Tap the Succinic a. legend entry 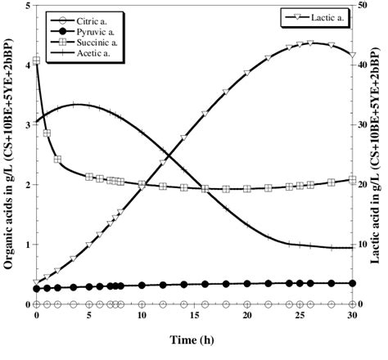coord(82,39)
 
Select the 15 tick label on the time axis coord(194,315)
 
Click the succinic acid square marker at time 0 coord(37,61)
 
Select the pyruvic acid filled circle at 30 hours coord(352,283)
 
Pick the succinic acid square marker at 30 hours coord(352,180)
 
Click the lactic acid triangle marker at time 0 coord(37,282)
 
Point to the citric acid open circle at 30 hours coord(352,304)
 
